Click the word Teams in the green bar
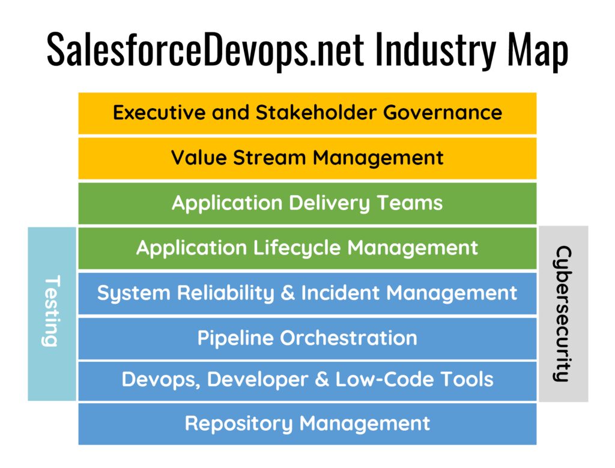tap(410, 203)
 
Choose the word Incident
tap(340, 293)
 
